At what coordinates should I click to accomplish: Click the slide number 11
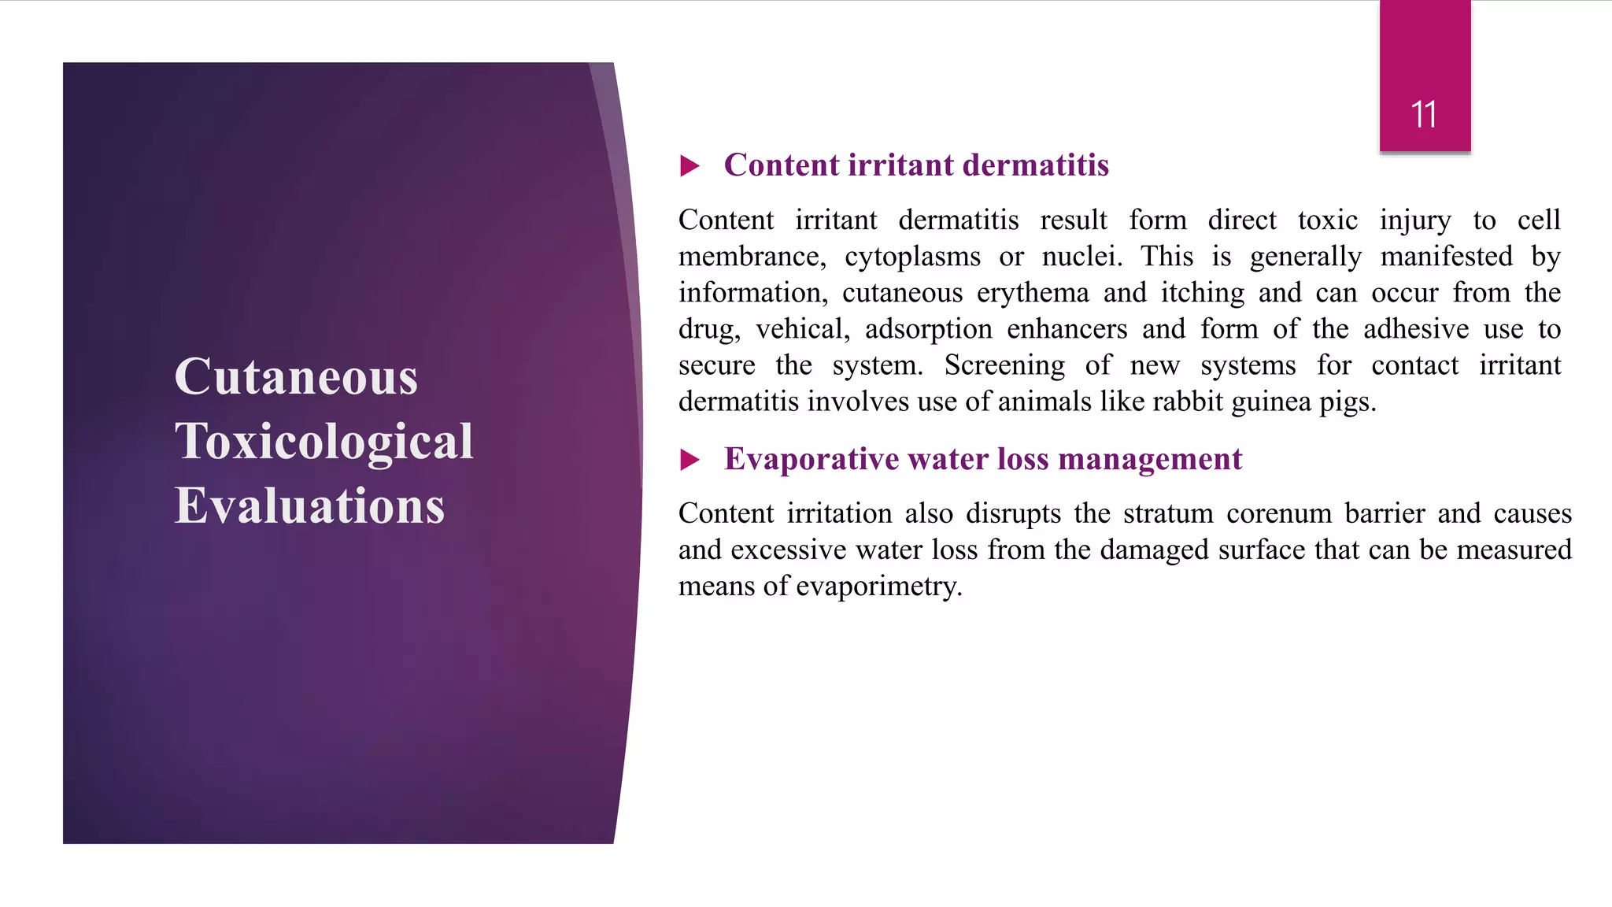click(1424, 115)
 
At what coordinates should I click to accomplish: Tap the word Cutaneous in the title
click(296, 376)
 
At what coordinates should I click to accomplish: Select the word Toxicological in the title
click(324, 441)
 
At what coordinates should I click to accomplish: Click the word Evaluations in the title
click(309, 505)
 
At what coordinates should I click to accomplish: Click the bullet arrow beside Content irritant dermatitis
click(690, 166)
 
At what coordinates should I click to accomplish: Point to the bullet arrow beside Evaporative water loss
click(690, 460)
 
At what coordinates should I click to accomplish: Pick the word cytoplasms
click(912, 257)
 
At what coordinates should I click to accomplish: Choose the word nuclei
click(1081, 257)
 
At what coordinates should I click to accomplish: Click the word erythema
click(1033, 294)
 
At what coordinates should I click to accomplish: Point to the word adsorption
click(928, 329)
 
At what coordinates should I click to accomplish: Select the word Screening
click(1004, 365)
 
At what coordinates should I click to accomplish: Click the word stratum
click(1168, 513)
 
